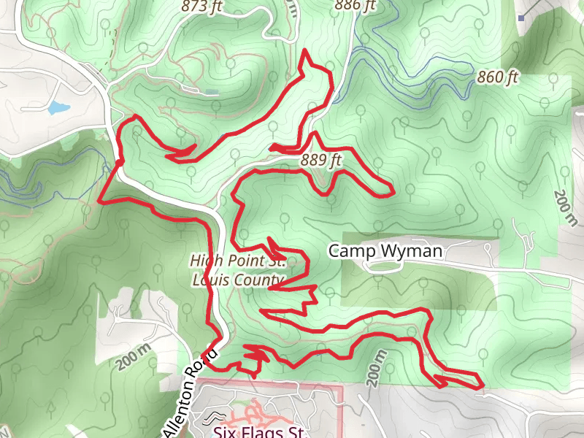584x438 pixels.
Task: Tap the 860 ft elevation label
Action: pos(497,77)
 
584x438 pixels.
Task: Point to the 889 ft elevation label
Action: pos(320,160)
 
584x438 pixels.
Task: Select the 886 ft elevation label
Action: pos(355,5)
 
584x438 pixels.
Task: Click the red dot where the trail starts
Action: pos(118,161)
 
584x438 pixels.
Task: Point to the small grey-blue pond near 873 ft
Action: pos(211,92)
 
